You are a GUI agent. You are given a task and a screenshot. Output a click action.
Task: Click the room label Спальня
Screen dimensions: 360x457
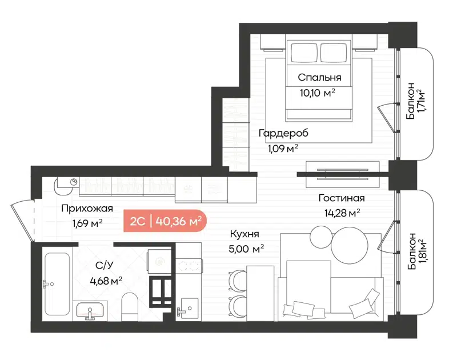tap(319, 77)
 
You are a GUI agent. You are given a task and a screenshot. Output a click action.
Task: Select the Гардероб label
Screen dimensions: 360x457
tap(283, 134)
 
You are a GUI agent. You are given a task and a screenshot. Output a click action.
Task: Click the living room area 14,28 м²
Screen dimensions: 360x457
tap(342, 214)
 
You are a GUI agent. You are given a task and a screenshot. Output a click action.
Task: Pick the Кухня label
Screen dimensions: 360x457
tap(245, 234)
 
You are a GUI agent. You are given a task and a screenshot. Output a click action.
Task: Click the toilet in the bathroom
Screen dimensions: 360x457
tap(130, 306)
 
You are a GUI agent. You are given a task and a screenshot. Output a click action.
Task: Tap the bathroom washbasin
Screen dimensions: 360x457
tap(90, 311)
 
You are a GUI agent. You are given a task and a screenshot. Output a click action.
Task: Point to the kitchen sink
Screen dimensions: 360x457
tap(187, 309)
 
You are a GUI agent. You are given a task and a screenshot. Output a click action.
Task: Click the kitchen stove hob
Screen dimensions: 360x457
tap(189, 265)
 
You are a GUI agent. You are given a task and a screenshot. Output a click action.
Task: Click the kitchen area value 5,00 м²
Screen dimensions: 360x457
tap(246, 249)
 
